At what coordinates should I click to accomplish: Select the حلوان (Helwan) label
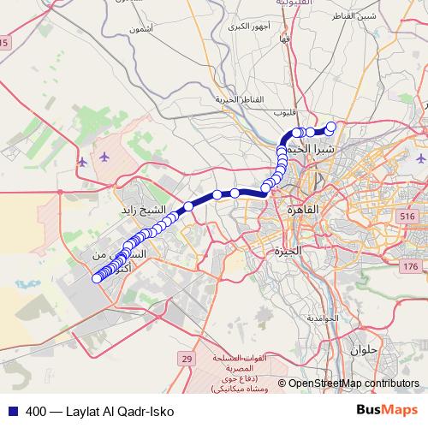coord(363,349)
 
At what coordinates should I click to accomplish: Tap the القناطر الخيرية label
coord(236,99)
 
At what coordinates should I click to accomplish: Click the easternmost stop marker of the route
coord(331,127)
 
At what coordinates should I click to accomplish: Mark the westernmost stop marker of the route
coord(97,277)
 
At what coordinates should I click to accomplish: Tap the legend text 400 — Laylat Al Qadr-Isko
coord(100,411)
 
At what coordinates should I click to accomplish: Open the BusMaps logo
coord(387,410)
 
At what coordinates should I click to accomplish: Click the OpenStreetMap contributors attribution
coord(354,383)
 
